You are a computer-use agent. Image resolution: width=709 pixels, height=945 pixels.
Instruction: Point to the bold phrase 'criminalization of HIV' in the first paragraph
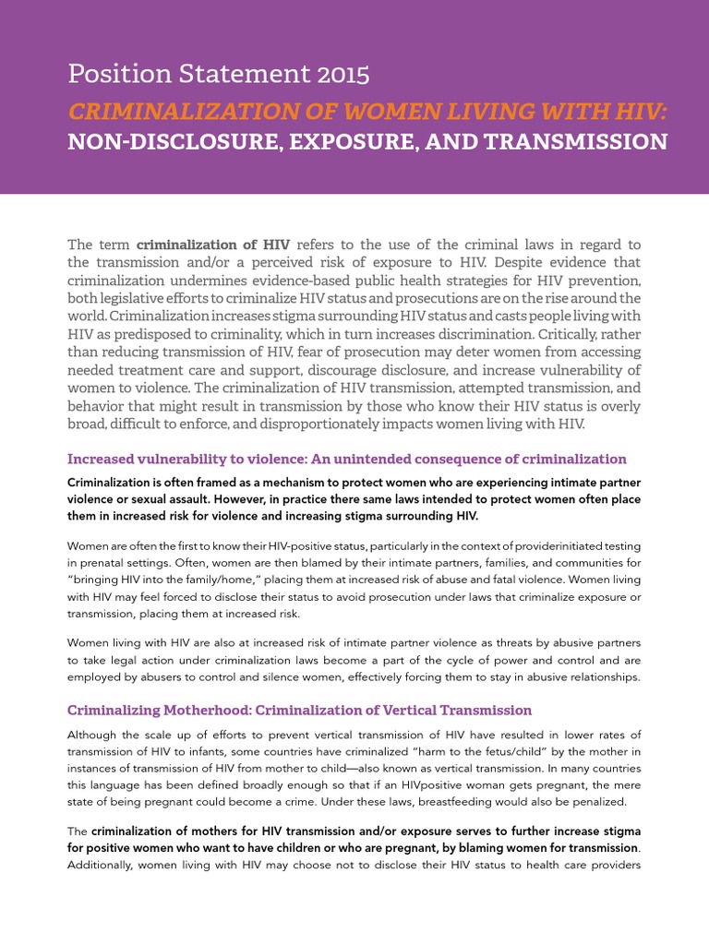[213, 245]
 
